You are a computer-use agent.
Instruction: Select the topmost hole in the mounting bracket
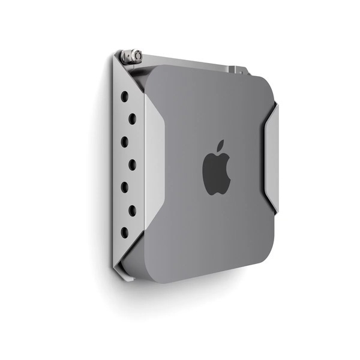coord(125,96)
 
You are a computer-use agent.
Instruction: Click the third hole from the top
coord(125,142)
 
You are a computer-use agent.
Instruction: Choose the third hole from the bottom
coord(125,187)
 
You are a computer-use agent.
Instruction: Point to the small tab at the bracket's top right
coord(242,70)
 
